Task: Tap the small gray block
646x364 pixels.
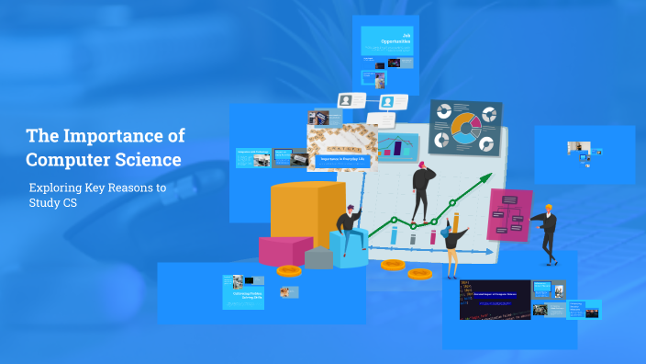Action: click(318, 257)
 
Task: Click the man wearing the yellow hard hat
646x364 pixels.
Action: click(547, 230)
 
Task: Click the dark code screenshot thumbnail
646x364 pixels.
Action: click(496, 299)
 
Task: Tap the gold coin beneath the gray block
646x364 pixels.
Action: click(289, 271)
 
